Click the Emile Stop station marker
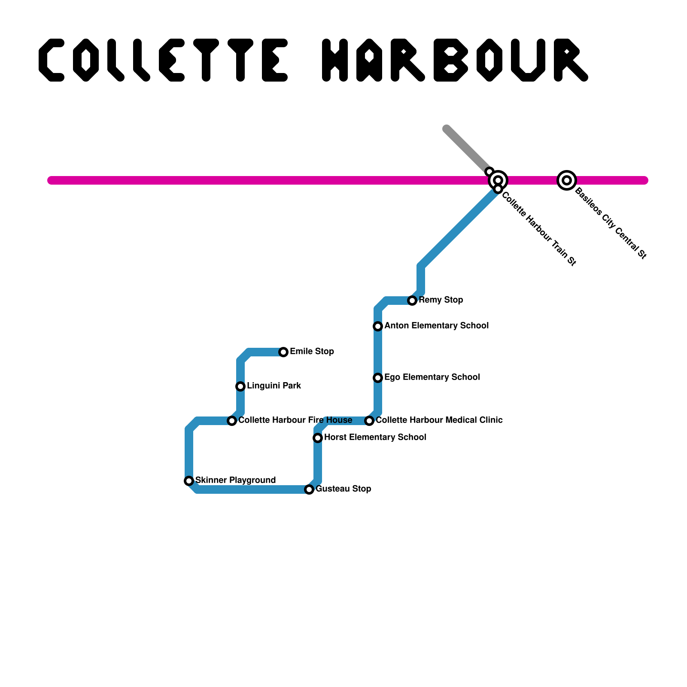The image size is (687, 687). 283,352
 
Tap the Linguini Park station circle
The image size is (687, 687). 240,386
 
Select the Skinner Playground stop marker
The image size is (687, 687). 189,481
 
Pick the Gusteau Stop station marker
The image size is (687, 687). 309,489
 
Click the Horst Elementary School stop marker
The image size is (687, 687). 318,438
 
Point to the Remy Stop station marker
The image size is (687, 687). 412,301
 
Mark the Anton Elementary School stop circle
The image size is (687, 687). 378,326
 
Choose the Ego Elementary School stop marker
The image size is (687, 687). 378,378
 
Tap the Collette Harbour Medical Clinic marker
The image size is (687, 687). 369,421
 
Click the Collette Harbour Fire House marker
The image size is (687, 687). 232,421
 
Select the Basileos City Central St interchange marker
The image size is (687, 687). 567,180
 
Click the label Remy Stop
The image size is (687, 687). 441,300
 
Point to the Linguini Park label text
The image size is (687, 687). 274,386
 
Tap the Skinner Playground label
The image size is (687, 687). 235,480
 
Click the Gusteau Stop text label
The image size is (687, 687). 343,489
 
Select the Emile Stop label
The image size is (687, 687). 312,351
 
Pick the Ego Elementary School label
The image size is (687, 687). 432,377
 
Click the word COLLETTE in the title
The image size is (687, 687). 163,60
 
